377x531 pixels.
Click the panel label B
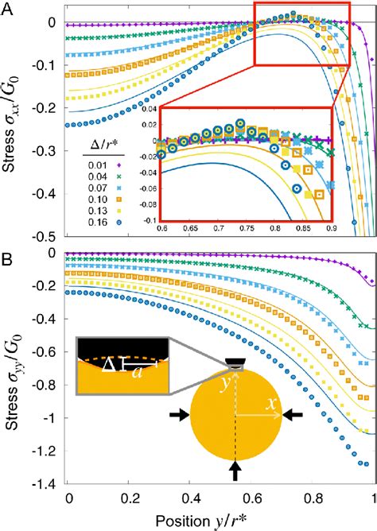[8, 259]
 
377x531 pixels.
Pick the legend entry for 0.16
[97, 226]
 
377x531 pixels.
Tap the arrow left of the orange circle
[181, 414]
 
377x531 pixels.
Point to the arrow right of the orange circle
[292, 414]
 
